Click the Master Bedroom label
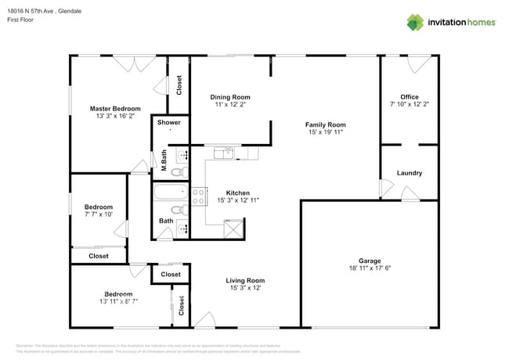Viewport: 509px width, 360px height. pos(115,109)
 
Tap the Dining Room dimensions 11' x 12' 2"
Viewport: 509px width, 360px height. pos(229,104)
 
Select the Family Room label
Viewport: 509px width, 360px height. pos(325,124)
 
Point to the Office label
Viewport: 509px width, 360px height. pos(409,97)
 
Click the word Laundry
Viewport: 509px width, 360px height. pos(409,173)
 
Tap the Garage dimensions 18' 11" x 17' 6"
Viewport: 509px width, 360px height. pos(370,268)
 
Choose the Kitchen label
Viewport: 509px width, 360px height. pos(237,193)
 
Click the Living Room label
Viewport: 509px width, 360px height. pos(245,280)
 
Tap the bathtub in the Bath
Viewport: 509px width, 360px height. pos(169,191)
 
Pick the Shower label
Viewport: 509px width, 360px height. pos(169,122)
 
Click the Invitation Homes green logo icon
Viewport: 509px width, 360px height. pos(415,22)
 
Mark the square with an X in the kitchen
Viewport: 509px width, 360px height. pos(233,229)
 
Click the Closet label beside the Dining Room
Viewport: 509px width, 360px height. pos(179,84)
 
